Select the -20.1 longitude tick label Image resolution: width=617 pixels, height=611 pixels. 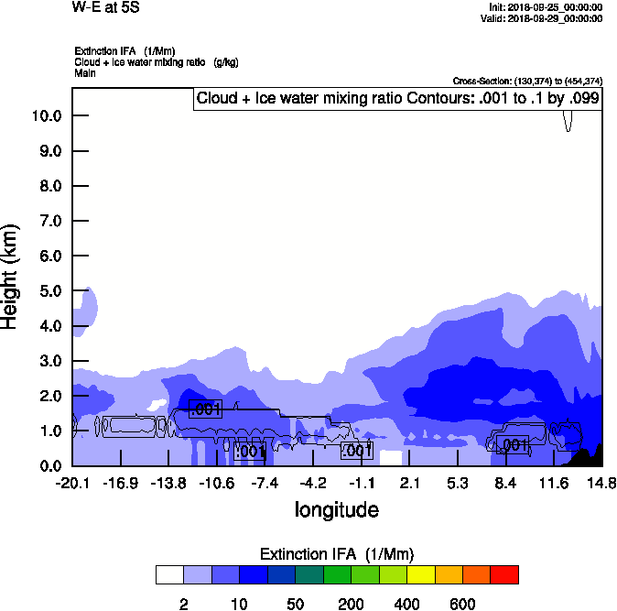click(x=72, y=483)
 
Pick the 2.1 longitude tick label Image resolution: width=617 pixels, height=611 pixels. click(x=409, y=483)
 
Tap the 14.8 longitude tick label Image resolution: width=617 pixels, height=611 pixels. click(x=601, y=483)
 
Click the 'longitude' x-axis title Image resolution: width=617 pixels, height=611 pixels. click(x=337, y=509)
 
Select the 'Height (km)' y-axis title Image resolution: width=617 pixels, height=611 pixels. click(x=12, y=276)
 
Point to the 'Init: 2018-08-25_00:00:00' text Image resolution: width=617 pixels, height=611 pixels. click(x=546, y=6)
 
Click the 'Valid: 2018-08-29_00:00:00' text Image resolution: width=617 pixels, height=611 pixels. click(x=546, y=17)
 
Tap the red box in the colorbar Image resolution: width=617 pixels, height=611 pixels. click(x=503, y=574)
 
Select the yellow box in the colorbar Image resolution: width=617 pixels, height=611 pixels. click(x=420, y=574)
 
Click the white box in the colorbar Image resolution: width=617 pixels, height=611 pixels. click(x=169, y=574)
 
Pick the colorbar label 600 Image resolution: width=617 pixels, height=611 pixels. click(x=462, y=604)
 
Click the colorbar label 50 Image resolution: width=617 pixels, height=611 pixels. click(x=295, y=604)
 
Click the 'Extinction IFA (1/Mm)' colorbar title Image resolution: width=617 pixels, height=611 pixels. click(x=337, y=554)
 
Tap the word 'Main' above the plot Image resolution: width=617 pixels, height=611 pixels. click(x=85, y=71)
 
